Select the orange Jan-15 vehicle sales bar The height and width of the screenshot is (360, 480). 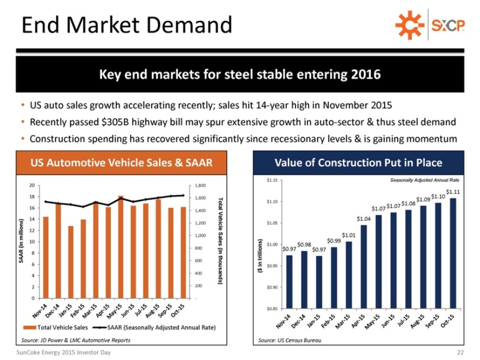[71, 262]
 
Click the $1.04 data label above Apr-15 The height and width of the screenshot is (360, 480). [363, 218]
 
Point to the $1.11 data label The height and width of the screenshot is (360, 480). [453, 191]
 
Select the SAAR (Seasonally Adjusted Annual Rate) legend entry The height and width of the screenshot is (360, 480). [161, 328]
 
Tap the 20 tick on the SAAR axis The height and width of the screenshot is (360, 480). [32, 185]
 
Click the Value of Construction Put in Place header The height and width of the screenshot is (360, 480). [358, 163]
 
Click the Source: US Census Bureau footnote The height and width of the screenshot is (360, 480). [289, 340]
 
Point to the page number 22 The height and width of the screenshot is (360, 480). [459, 352]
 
